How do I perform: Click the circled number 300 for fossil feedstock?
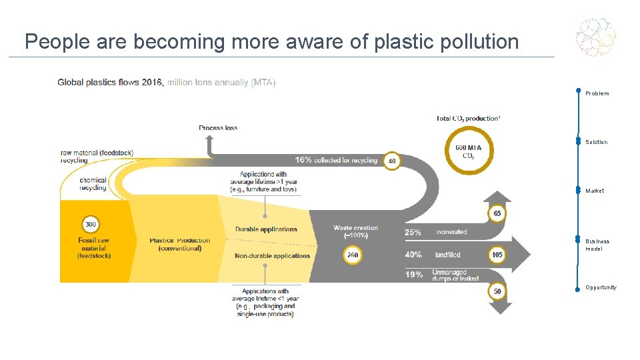(91, 225)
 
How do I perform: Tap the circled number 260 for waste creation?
(353, 255)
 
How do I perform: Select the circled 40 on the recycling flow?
(391, 161)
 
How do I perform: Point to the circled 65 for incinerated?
(497, 213)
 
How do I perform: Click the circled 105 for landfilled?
(497, 255)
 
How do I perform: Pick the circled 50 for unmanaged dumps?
(497, 291)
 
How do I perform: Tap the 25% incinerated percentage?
(413, 233)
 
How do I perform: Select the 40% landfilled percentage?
(413, 255)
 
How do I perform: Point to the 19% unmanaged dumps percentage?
(413, 275)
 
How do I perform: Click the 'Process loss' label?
(218, 128)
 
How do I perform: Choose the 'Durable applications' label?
(266, 229)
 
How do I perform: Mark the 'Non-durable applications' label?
(272, 255)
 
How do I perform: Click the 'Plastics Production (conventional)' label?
(179, 245)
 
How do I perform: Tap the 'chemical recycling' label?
(93, 184)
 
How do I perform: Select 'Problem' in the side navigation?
(597, 93)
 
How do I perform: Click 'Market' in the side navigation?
(595, 191)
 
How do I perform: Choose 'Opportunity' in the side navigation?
(601, 287)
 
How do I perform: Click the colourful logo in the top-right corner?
(596, 37)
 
